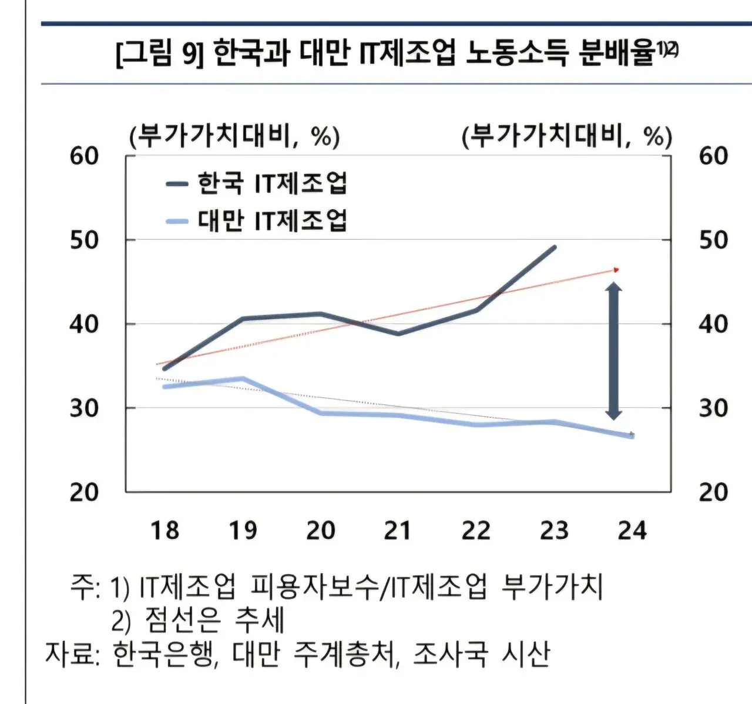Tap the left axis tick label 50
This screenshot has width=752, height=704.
(x=85, y=240)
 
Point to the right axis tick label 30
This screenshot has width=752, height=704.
(x=713, y=408)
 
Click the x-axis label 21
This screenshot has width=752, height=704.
(x=398, y=531)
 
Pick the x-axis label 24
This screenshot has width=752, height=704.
(x=632, y=531)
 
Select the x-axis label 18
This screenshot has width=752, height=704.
(x=164, y=531)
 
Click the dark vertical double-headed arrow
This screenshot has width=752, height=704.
(x=613, y=351)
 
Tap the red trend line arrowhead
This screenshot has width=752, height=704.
(x=616, y=270)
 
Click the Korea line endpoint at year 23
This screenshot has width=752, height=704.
(x=554, y=247)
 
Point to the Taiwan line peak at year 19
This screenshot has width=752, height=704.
(x=243, y=378)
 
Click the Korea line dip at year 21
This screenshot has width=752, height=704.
(x=398, y=333)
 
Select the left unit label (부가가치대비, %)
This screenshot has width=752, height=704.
(x=234, y=137)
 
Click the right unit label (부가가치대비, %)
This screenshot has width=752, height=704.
(x=567, y=137)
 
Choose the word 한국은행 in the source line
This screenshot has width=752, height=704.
(x=161, y=653)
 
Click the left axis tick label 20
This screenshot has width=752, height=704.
(x=85, y=492)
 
